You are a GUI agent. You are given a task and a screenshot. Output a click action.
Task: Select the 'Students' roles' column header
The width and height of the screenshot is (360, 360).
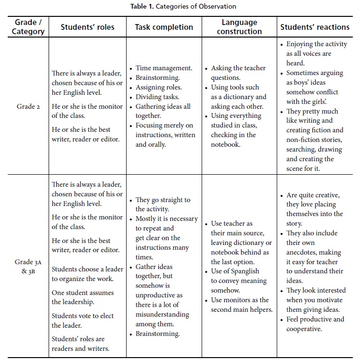[x=89, y=27]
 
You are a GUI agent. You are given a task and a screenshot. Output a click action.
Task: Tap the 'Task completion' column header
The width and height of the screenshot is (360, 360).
[x=164, y=27]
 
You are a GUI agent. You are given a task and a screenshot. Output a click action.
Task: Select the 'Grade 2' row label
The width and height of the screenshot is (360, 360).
[x=28, y=106]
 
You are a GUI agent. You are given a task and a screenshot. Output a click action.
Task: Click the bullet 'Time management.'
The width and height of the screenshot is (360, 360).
[x=164, y=68]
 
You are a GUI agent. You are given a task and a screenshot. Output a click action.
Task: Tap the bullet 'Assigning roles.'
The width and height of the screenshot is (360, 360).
[x=158, y=88]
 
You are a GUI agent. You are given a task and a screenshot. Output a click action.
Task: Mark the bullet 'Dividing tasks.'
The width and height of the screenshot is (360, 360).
[x=157, y=97]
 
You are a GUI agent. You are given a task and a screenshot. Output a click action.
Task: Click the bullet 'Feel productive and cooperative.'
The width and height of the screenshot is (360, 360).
[x=315, y=324]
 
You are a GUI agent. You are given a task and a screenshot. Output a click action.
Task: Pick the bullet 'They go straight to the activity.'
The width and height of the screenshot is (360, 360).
[x=163, y=205]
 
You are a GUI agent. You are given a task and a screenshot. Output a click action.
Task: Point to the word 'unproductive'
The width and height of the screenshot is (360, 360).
[x=159, y=296]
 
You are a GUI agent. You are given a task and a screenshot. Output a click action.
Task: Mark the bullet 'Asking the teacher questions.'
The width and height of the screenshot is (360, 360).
[x=238, y=73]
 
